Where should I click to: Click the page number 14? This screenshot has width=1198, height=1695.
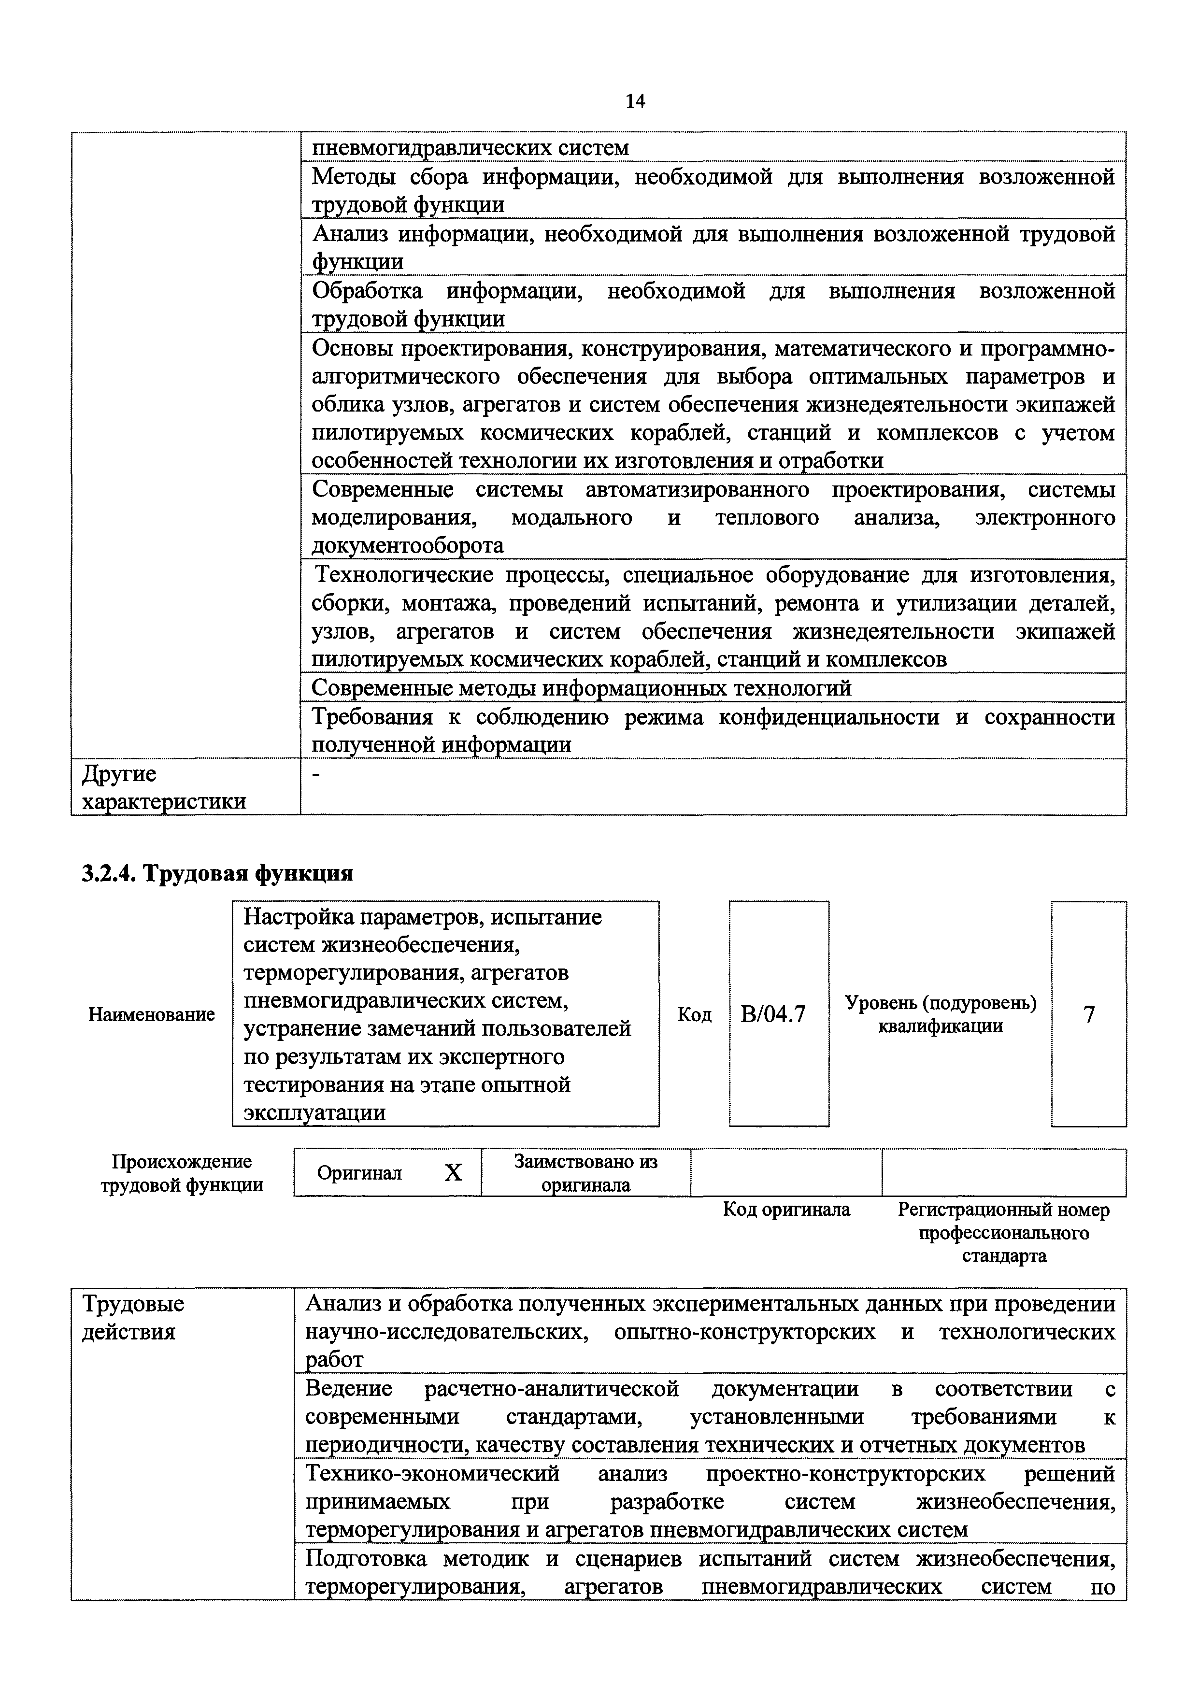click(x=635, y=101)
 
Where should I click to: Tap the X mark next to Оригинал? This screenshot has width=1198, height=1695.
click(x=453, y=1173)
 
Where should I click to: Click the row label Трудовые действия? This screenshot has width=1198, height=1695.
click(x=133, y=1318)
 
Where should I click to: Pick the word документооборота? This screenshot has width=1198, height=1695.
click(x=407, y=545)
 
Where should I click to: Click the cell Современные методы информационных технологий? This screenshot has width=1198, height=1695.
click(x=581, y=688)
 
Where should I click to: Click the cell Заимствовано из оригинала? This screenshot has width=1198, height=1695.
click(x=585, y=1173)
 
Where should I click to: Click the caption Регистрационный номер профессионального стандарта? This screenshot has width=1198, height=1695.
click(x=1003, y=1232)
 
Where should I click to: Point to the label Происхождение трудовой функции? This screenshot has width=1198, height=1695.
click(x=182, y=1173)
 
